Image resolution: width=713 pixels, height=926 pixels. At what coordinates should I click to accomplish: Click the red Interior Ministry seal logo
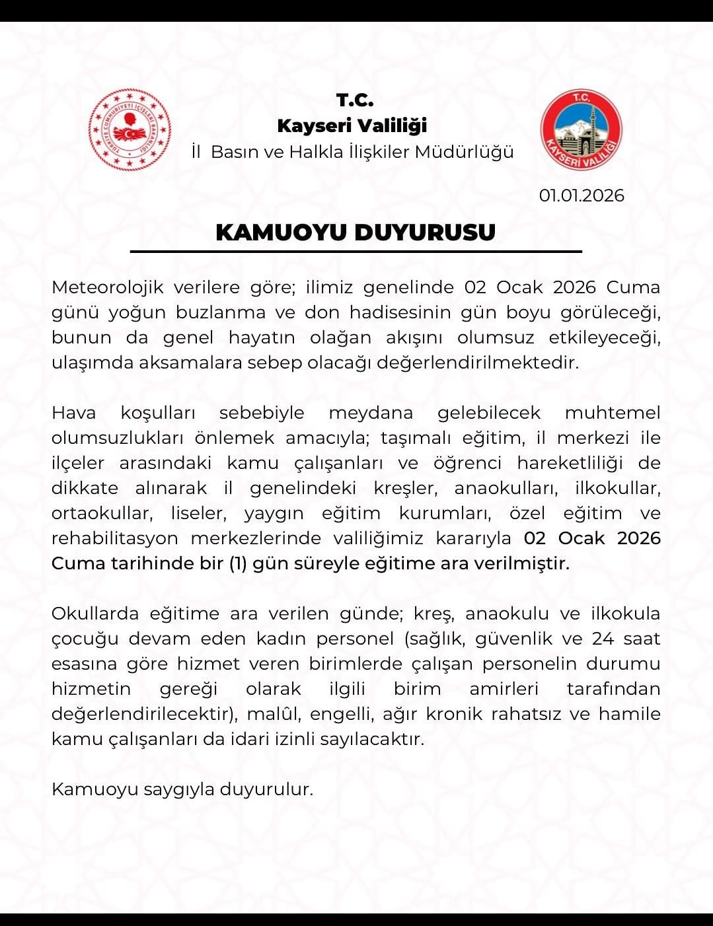pyautogui.click(x=130, y=130)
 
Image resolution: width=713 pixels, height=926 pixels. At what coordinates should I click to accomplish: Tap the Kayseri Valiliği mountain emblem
pyautogui.click(x=582, y=130)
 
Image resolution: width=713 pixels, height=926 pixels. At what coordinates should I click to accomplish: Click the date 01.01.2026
pyautogui.click(x=582, y=196)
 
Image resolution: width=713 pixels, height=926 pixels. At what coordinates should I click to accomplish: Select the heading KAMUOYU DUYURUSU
pyautogui.click(x=356, y=232)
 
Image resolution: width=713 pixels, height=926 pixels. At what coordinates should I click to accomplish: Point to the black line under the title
pyautogui.click(x=356, y=252)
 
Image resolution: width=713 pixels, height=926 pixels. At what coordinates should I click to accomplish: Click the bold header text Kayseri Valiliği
pyautogui.click(x=352, y=125)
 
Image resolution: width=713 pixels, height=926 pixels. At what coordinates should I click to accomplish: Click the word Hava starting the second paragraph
pyautogui.click(x=73, y=413)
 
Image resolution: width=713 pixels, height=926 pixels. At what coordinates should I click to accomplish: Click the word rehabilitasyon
pyautogui.click(x=115, y=538)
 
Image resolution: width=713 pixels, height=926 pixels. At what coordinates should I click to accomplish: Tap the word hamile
pyautogui.click(x=630, y=714)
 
